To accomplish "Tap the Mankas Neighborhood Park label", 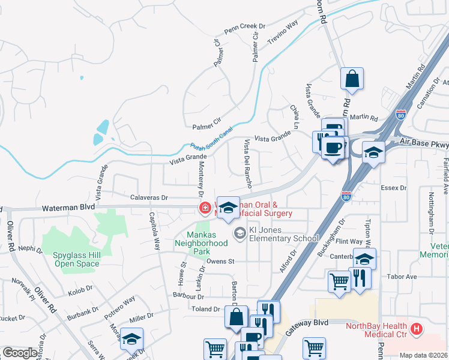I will click(x=201, y=239).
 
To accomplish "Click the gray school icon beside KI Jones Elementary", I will click(x=240, y=233).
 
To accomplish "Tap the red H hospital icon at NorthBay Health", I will click(x=417, y=329).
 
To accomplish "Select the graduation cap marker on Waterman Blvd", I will click(x=228, y=208).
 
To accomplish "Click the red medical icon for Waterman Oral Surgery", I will click(x=205, y=208).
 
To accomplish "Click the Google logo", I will click(x=20, y=353).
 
